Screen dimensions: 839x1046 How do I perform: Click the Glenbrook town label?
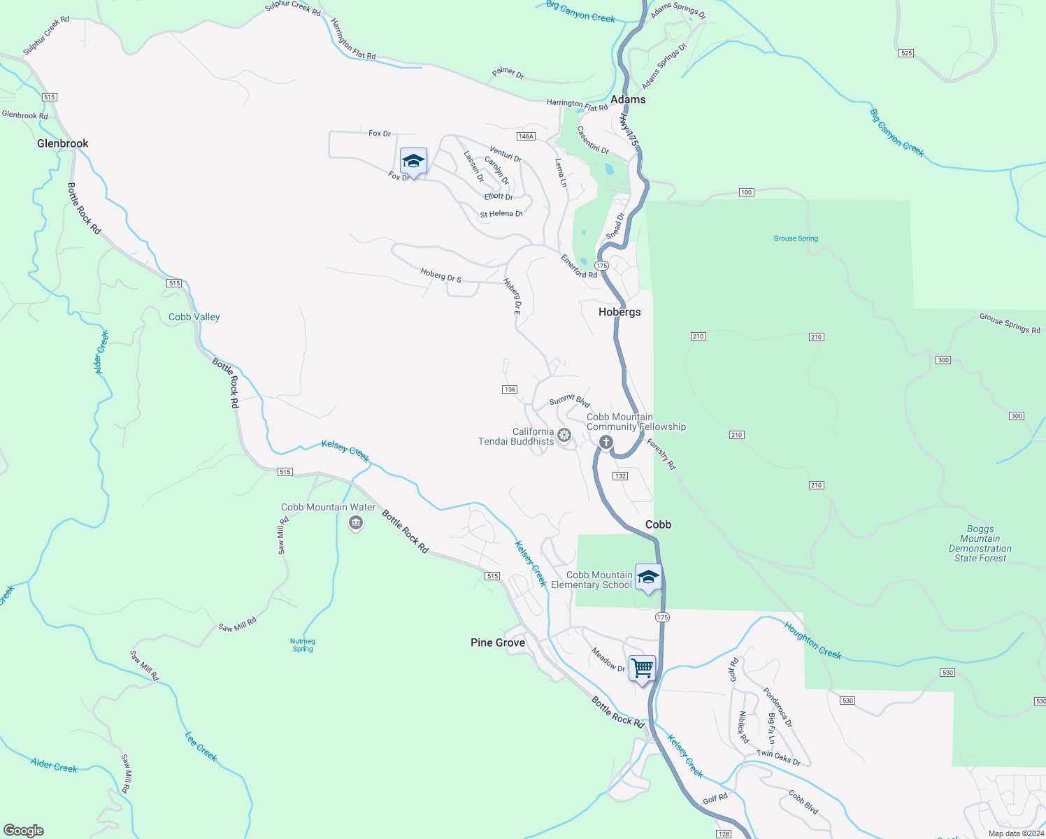[x=63, y=143]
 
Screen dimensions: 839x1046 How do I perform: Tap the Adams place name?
[x=628, y=99]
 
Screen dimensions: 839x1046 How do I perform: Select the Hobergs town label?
[x=619, y=312]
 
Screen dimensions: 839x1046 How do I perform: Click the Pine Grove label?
[x=498, y=643]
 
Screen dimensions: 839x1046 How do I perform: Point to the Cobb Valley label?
[x=194, y=317]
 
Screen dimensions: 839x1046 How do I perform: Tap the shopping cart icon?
[x=642, y=668]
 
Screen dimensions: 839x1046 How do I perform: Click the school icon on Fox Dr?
[x=413, y=161]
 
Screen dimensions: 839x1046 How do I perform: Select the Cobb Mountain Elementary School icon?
[x=648, y=577]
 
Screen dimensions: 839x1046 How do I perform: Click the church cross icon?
[x=606, y=442]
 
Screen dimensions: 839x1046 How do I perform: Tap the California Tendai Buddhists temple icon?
[x=564, y=436]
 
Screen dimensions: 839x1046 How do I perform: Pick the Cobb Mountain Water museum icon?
[x=356, y=522]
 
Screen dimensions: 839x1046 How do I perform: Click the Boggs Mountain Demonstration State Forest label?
[x=980, y=544]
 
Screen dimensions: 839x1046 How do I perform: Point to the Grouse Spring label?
[x=796, y=238]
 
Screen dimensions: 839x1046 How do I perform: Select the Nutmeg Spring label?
[x=303, y=645]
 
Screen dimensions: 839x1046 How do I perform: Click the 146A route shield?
[x=526, y=136]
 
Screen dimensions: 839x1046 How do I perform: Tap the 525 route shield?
[x=907, y=53]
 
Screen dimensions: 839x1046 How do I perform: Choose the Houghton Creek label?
[x=812, y=640]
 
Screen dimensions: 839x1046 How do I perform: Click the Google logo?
[x=24, y=831]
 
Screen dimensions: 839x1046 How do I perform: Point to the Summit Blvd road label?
[x=569, y=401]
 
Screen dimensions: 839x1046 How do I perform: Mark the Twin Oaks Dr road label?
[x=778, y=757]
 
